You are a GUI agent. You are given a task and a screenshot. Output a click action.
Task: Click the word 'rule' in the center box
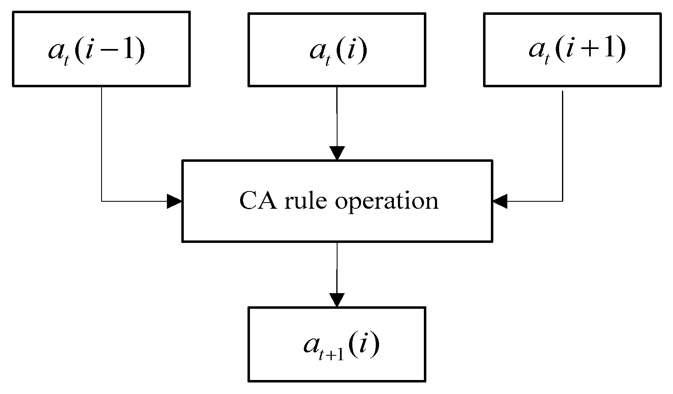(298, 201)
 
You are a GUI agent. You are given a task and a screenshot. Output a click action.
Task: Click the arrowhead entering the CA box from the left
(174, 201)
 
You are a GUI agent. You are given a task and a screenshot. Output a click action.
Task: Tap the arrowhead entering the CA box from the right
(500, 201)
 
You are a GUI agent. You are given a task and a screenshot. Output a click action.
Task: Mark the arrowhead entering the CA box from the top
(337, 153)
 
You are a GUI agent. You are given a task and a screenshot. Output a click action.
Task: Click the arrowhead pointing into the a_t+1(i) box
(337, 299)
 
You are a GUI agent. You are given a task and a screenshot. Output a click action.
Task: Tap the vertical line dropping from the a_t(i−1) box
(102, 144)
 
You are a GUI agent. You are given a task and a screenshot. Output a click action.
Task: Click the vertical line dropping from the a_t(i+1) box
(562, 144)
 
